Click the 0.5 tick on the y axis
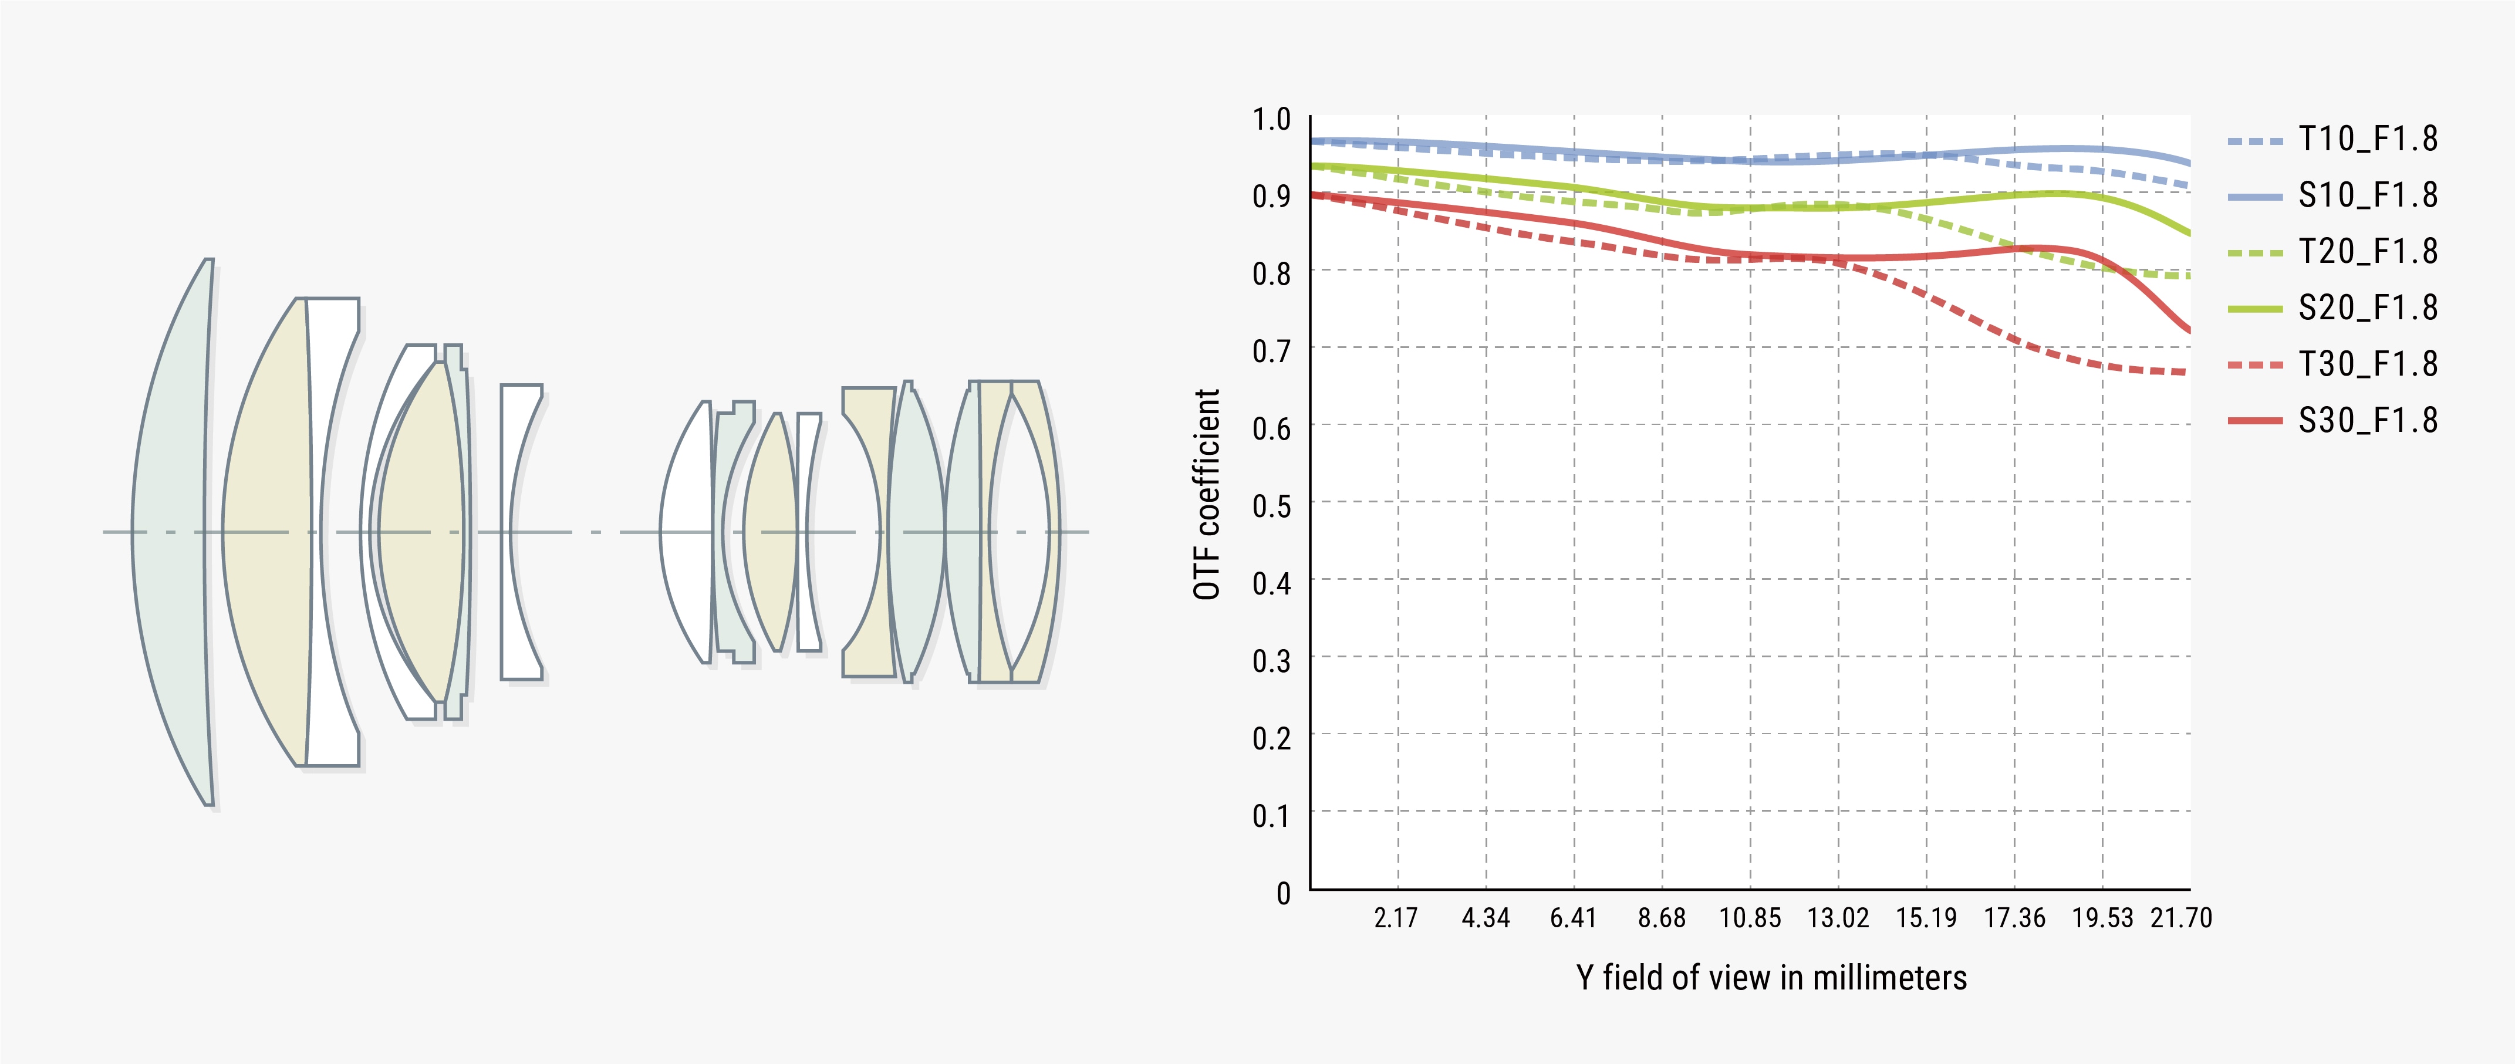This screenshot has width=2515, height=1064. point(1271,506)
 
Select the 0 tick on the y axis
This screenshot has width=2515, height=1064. point(1283,892)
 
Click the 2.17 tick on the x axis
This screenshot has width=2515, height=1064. point(1396,918)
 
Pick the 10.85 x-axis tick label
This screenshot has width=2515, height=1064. point(1750,918)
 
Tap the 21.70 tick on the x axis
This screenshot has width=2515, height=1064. point(2181,918)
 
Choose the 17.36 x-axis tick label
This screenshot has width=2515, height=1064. point(2014,918)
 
